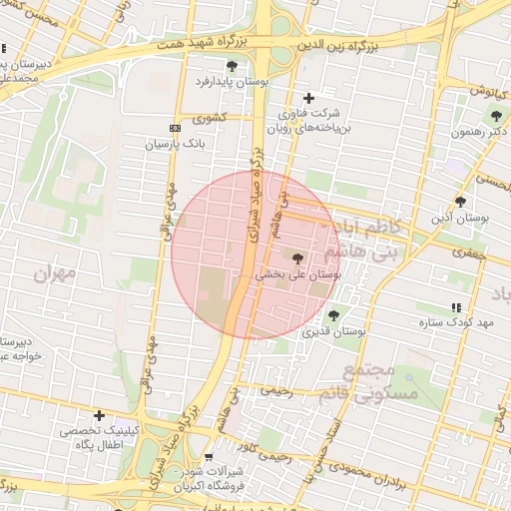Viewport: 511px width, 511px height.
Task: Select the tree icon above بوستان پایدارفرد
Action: pyautogui.click(x=232, y=66)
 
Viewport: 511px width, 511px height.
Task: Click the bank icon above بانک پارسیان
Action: pyautogui.click(x=176, y=129)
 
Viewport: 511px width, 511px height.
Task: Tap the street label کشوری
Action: pyautogui.click(x=213, y=117)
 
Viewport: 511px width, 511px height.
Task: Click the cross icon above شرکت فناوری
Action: pyautogui.click(x=308, y=98)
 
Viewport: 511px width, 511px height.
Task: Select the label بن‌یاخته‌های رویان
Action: pyautogui.click(x=305, y=128)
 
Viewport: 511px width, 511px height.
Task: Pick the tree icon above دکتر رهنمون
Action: pyautogui.click(x=496, y=116)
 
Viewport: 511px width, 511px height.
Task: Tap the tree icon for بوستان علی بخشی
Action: pyautogui.click(x=297, y=257)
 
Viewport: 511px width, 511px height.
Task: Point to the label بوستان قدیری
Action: pyautogui.click(x=333, y=330)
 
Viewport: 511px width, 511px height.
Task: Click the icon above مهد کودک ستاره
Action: pyautogui.click(x=456, y=307)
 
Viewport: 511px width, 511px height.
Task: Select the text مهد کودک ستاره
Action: pyautogui.click(x=471, y=323)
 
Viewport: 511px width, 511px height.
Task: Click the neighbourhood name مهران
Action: pyautogui.click(x=54, y=272)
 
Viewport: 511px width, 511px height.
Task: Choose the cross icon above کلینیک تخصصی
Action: pyautogui.click(x=99, y=415)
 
